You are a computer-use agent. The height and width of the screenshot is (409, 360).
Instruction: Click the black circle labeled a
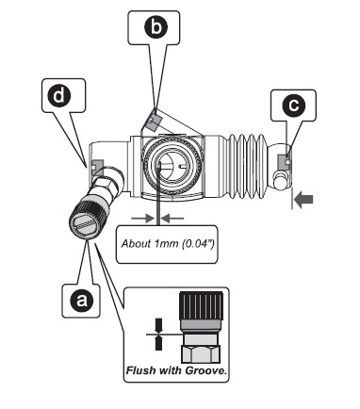82,301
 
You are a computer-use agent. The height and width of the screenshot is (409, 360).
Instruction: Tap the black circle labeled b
155,26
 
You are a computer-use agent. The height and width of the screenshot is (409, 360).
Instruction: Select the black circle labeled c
294,105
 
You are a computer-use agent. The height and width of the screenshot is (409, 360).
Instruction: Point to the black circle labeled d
59,95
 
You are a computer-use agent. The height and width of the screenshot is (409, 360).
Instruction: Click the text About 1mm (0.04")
168,244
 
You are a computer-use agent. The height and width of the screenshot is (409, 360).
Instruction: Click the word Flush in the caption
141,370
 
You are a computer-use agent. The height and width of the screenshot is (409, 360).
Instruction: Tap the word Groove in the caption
205,370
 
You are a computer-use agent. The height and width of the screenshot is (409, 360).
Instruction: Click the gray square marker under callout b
154,122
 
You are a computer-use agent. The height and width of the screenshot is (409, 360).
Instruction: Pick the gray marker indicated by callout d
97,164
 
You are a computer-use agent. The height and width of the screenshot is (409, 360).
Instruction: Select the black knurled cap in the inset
201,306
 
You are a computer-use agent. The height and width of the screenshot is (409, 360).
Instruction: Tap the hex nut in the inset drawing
201,353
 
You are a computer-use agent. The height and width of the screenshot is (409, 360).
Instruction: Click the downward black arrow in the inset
158,326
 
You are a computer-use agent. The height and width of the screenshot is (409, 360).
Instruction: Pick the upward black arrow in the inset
158,343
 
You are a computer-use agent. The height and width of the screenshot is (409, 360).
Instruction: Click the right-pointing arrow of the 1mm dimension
143,218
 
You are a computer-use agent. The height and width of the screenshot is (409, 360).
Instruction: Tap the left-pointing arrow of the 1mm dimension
172,218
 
